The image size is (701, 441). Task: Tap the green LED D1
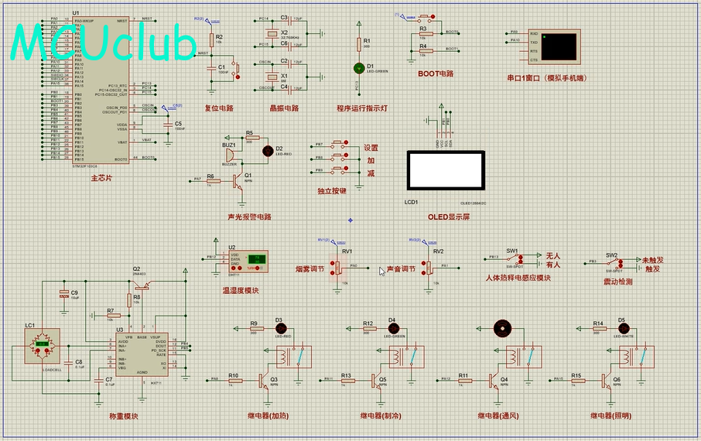(358, 69)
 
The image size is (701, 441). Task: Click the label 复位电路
(219, 108)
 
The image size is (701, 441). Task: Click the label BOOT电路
(435, 73)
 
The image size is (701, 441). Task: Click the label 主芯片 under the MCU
(102, 178)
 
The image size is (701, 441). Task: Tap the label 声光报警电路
(249, 217)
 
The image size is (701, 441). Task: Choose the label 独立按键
(331, 190)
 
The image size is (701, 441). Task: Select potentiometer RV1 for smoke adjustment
(337, 265)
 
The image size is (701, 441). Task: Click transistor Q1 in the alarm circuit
(236, 180)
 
